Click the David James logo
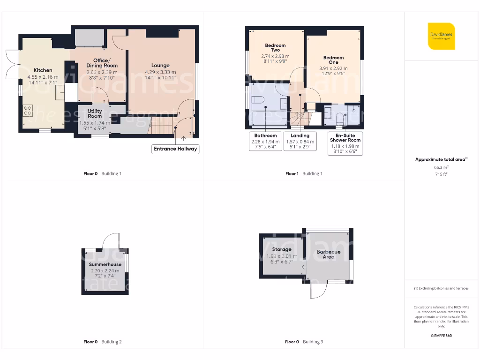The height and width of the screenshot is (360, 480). point(441,36)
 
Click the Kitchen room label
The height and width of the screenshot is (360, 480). point(43,70)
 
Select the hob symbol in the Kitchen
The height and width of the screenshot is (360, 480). point(28,111)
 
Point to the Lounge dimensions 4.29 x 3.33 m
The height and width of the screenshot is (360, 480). point(160,72)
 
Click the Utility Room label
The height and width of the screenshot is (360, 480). point(95,113)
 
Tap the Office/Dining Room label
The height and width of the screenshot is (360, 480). point(102,63)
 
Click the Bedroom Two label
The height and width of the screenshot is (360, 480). point(275,48)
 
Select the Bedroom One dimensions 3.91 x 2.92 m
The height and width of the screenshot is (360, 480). point(333,68)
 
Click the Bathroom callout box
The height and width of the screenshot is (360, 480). point(266,141)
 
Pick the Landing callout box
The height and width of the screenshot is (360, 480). point(300,141)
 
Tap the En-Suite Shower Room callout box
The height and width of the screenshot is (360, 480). point(345,143)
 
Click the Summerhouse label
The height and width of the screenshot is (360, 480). point(105,264)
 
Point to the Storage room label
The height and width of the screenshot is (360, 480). point(282,249)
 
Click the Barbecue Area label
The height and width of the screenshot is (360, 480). point(328,254)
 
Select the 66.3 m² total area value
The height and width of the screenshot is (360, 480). point(441,167)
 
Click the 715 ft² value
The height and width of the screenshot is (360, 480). point(441,174)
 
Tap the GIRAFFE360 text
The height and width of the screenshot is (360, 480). point(441,336)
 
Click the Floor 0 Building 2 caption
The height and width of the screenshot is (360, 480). point(102,342)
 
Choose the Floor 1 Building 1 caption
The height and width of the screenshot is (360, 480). point(304,173)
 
